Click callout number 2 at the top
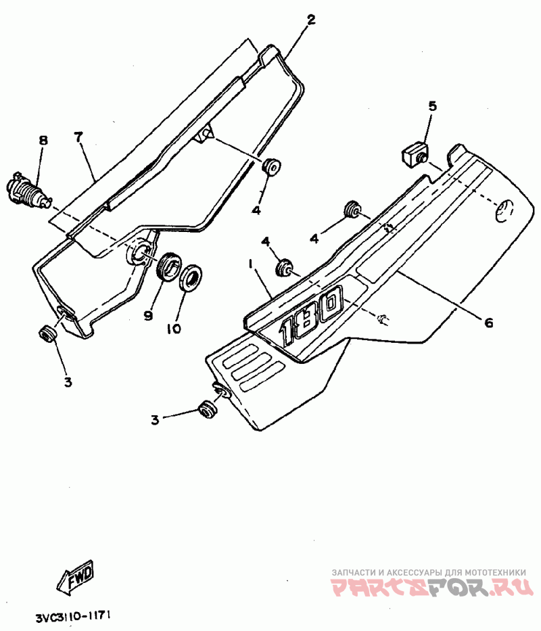click(x=310, y=20)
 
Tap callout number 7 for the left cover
click(x=78, y=137)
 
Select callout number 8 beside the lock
click(x=43, y=141)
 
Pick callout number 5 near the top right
click(x=432, y=106)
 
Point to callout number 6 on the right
click(x=488, y=323)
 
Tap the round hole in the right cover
click(x=504, y=212)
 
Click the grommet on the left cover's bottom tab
click(x=48, y=333)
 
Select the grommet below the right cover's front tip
click(x=206, y=410)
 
